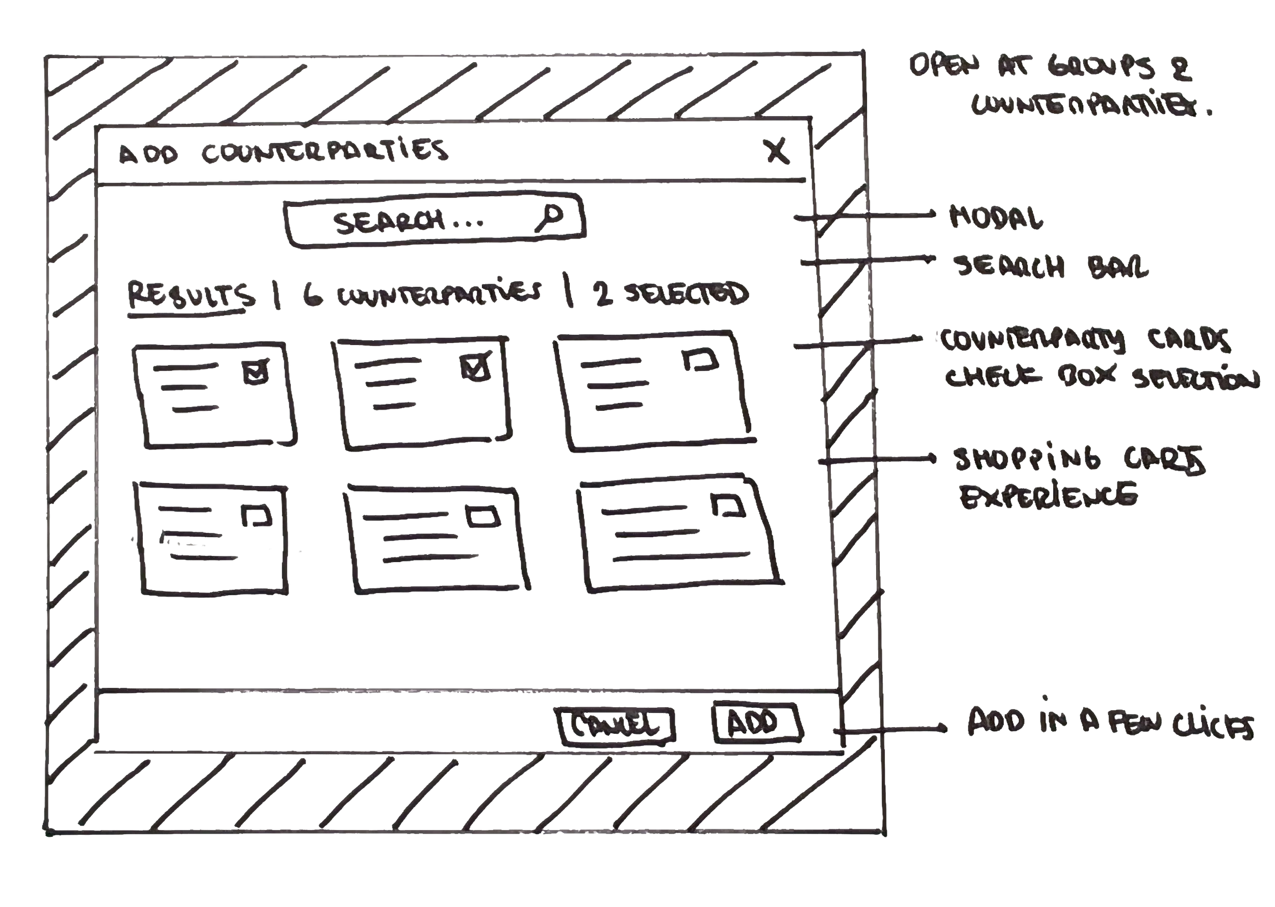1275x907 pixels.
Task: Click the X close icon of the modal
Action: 777,150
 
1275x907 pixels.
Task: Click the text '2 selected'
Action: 671,295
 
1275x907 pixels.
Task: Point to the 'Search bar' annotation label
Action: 1051,267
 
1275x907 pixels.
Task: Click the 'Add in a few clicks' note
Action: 1110,724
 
